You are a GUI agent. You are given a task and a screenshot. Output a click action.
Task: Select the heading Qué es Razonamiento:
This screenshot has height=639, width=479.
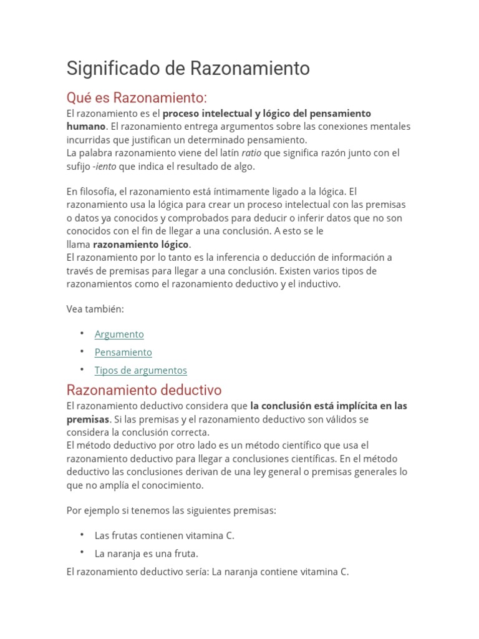click(137, 98)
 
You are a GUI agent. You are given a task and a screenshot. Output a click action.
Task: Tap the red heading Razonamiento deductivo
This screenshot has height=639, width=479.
click(144, 390)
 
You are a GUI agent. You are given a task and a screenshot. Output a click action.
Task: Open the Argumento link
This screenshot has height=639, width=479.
click(119, 334)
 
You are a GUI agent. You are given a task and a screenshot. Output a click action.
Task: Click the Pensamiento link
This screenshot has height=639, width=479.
click(123, 353)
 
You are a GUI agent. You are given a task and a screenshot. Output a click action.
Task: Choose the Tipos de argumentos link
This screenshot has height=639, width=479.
click(140, 371)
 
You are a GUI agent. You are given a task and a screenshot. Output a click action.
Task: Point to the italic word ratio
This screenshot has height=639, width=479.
click(251, 153)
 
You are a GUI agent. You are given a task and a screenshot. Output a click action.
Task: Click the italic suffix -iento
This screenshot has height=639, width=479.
click(104, 167)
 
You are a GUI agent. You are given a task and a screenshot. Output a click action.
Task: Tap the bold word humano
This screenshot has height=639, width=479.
click(85, 127)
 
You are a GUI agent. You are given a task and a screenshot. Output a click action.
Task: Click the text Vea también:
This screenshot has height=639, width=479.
click(95, 309)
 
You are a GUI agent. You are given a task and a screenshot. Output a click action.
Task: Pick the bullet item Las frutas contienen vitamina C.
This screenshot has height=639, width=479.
click(164, 535)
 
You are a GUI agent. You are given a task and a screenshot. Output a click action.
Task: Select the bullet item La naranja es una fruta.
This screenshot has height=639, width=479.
click(146, 554)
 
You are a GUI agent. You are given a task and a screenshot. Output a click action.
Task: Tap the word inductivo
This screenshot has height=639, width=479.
click(319, 284)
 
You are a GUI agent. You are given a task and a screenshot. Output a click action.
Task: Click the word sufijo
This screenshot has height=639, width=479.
click(78, 167)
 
